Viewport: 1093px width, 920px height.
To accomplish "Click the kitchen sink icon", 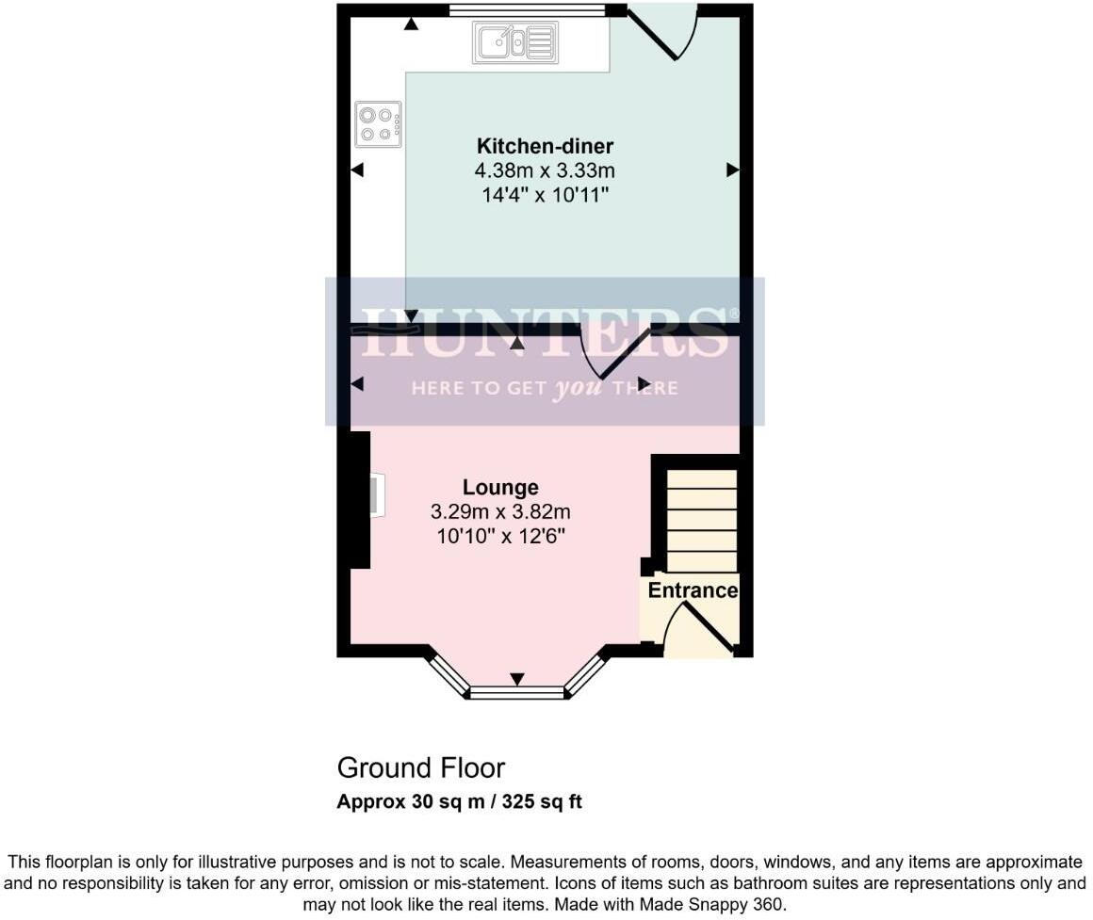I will pos(514,43).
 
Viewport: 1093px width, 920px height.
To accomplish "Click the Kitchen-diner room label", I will pos(545,146).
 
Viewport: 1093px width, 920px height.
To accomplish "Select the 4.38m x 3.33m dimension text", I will pos(545,171).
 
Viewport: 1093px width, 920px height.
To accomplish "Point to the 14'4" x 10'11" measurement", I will pos(545,196).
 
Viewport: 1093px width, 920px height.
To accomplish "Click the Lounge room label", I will pos(500,487).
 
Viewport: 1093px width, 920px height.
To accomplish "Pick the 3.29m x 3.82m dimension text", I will pos(500,512).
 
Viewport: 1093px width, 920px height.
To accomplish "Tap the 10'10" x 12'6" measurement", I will pos(500,537).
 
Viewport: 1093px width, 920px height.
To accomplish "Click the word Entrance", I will pos(693,590).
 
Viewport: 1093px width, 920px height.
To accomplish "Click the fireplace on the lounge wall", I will pos(376,496).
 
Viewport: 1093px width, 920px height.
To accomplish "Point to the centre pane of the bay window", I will pos(517,693).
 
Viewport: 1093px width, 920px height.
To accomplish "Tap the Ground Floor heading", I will pos(420,767).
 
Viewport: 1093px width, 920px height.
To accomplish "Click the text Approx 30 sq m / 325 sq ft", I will pos(459,802).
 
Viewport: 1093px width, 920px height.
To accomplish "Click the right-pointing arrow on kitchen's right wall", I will pos(732,170).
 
